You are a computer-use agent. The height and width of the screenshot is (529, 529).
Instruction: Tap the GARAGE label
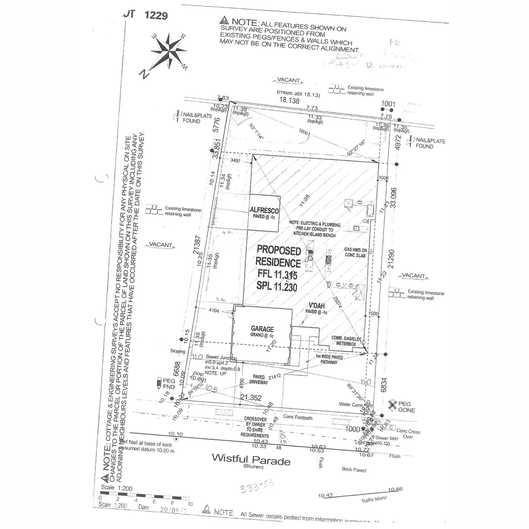coord(262,329)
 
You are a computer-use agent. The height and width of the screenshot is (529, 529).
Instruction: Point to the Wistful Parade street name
coord(251,460)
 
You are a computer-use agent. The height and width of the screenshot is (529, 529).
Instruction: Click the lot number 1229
coord(156,15)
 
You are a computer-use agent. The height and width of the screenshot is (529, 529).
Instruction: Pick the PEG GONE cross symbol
coord(392,405)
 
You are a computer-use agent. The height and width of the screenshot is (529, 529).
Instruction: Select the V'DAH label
coord(317,304)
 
